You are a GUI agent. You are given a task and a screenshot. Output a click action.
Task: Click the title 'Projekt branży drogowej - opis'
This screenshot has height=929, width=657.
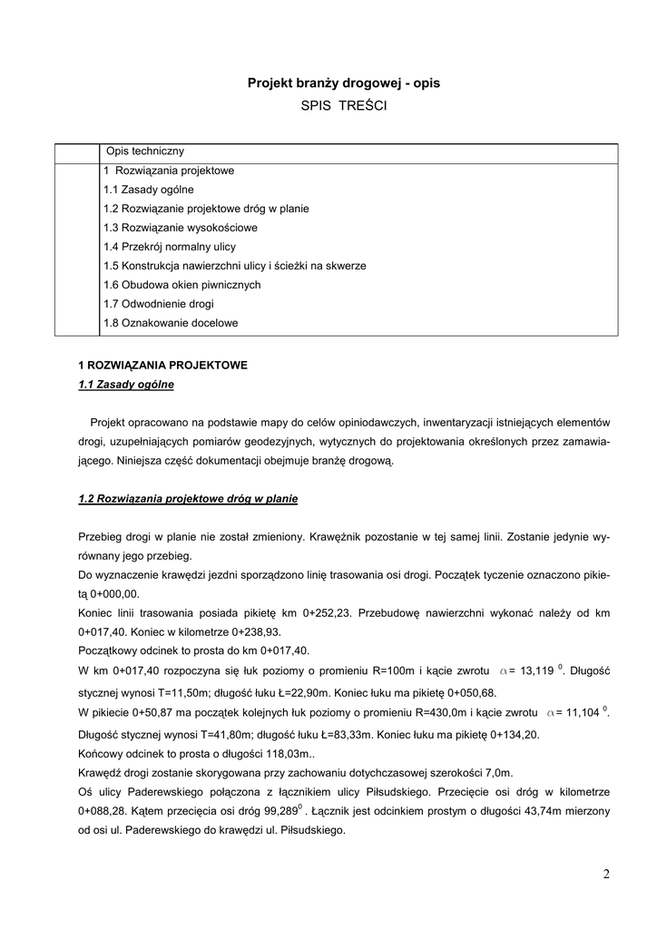coord(344,83)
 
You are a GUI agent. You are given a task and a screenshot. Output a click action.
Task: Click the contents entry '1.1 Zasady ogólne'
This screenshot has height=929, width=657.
coord(149,190)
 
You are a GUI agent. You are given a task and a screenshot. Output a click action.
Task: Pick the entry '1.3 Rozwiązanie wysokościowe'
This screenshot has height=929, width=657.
coord(181,228)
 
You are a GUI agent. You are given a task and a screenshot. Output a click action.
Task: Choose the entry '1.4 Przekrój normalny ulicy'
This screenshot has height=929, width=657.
coord(170,247)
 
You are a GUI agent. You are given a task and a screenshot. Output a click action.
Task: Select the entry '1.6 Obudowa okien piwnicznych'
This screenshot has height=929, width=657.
coord(182,285)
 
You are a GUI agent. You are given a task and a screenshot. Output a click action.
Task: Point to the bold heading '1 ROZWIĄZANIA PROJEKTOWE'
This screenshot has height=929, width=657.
coord(163,366)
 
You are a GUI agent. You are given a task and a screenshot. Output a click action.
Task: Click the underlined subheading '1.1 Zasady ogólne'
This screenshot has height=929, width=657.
coord(126,385)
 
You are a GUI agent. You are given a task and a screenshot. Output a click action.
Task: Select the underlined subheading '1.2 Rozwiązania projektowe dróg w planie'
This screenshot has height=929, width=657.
coord(189,499)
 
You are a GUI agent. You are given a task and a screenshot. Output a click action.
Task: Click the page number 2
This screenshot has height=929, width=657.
coord(606,875)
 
